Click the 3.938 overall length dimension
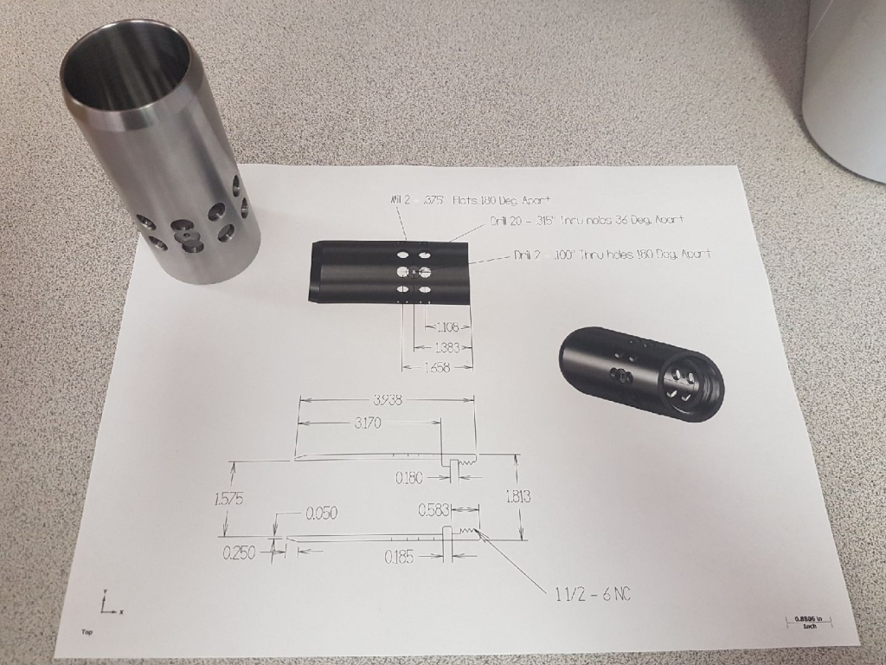point(388,400)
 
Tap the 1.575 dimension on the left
point(228,500)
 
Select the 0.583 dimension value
point(433,511)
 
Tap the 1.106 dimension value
point(448,327)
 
